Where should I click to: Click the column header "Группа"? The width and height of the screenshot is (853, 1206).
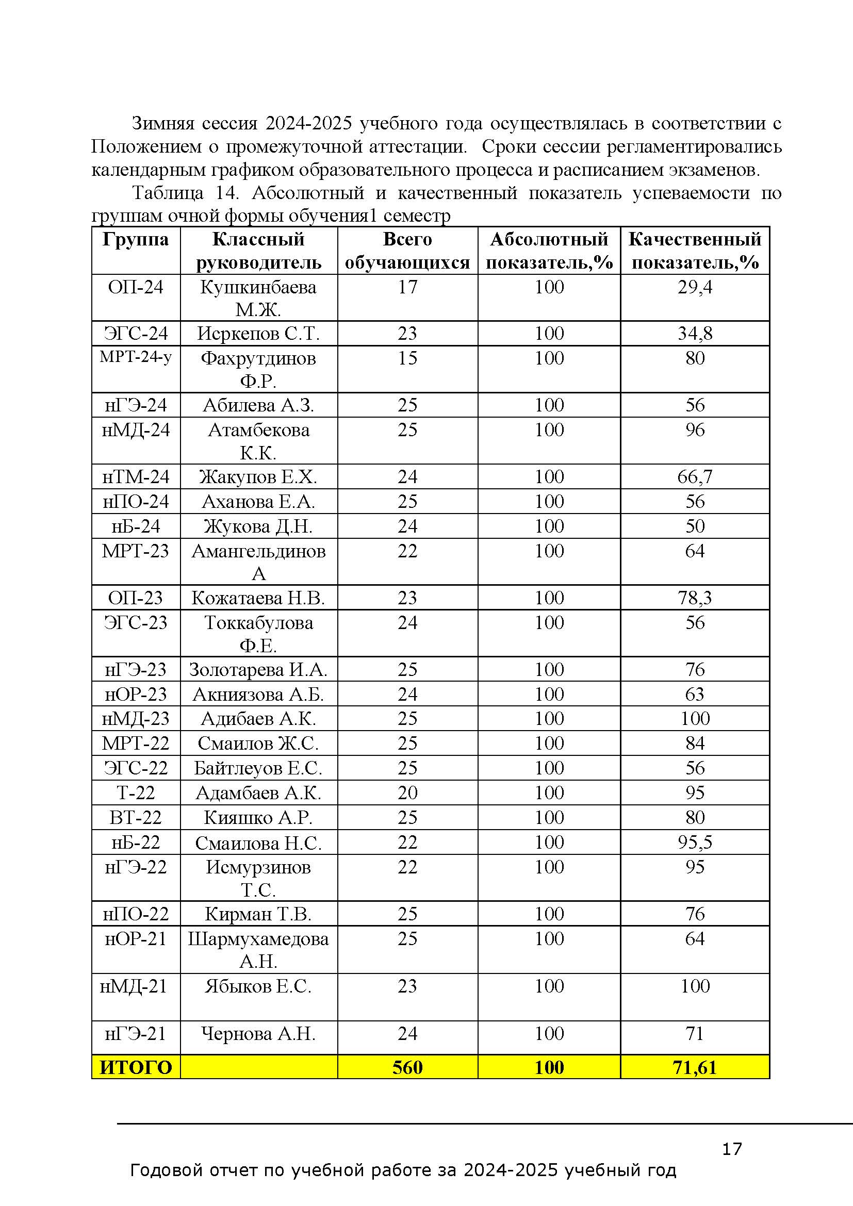click(x=136, y=240)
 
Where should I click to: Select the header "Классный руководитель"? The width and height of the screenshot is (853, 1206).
click(x=258, y=251)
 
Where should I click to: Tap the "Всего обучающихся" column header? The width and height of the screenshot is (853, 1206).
click(x=407, y=251)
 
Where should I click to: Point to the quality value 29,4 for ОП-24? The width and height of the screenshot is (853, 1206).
click(x=694, y=287)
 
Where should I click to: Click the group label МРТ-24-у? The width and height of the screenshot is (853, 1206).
click(x=136, y=357)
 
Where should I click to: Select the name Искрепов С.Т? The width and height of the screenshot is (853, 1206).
click(x=258, y=334)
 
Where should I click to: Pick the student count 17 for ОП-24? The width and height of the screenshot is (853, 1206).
click(x=407, y=287)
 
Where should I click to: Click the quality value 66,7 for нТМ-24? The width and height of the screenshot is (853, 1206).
click(x=694, y=477)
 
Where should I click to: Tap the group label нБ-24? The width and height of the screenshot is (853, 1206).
click(x=136, y=526)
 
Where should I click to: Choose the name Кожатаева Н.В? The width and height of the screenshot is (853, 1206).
click(x=258, y=598)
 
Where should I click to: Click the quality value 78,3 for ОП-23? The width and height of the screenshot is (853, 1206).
click(x=694, y=598)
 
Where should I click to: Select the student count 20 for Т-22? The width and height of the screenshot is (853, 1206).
click(x=407, y=792)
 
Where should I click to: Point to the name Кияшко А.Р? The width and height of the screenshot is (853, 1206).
click(x=258, y=817)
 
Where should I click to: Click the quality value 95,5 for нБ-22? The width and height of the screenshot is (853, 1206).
click(x=694, y=842)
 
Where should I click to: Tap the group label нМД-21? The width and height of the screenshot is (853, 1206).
click(x=134, y=986)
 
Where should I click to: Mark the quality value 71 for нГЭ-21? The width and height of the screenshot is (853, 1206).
click(x=694, y=1033)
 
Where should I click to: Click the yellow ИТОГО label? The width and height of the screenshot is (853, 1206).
click(x=136, y=1067)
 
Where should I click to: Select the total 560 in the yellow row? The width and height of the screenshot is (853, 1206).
click(x=407, y=1067)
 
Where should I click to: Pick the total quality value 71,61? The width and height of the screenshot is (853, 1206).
click(x=694, y=1067)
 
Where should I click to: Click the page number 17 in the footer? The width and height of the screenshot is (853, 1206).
click(x=732, y=1149)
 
